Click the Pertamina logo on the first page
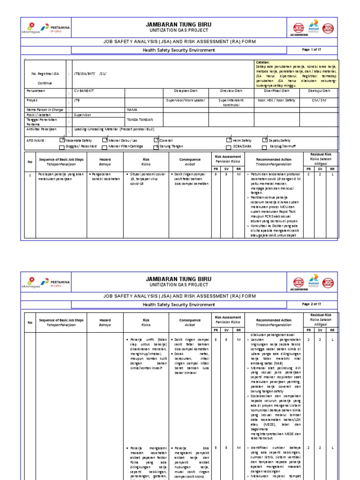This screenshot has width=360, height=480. point(56,28)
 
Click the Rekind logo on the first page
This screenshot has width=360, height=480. point(314,27)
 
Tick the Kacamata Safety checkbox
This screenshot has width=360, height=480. point(62,140)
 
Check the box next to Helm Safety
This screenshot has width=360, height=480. point(229,140)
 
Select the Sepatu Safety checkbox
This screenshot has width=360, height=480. point(265,140)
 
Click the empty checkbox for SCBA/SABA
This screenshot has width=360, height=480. point(229,146)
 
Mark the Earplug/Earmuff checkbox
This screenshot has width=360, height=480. point(265,146)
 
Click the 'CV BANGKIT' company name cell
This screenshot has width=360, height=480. point(84,90)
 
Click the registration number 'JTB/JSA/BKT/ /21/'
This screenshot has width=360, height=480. point(91,74)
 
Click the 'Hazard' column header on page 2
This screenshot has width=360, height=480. point(105,322)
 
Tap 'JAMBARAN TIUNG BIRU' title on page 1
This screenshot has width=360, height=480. point(179,24)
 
